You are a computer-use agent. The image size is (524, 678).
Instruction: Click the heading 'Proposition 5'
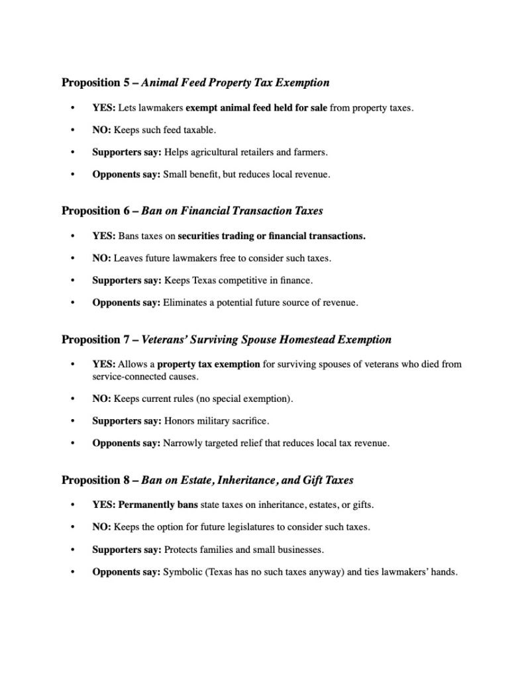95,83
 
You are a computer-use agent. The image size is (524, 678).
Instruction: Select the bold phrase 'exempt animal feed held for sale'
256,107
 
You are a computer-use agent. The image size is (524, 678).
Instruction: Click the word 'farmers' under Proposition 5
311,152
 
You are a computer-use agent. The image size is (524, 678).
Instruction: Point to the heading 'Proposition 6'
95,211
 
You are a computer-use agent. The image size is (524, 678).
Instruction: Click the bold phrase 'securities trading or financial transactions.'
272,235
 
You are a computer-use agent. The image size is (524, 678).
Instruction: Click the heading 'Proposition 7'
95,340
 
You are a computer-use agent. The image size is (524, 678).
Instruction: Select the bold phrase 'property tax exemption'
208,363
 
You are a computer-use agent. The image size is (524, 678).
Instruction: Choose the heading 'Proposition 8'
95,479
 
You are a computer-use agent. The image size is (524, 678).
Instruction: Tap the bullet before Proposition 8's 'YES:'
72,505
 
